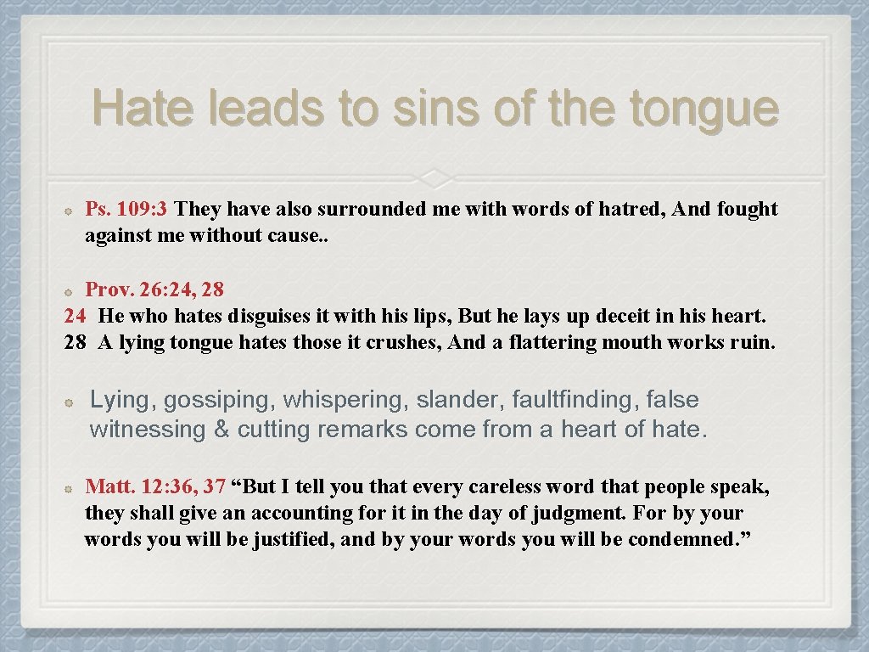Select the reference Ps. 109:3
127,209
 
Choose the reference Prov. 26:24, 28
154,289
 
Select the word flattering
552,343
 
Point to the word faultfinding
571,400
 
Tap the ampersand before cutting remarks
221,430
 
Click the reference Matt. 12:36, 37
154,487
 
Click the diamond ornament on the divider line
434,177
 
